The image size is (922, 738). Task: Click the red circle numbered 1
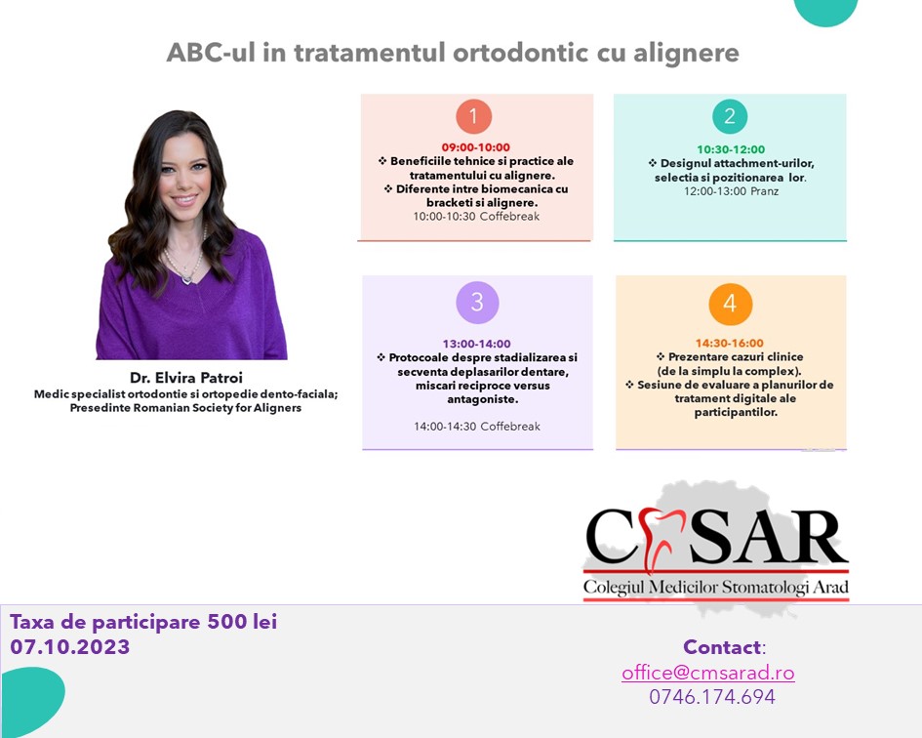click(x=474, y=116)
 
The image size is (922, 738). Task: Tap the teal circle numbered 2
click(x=730, y=116)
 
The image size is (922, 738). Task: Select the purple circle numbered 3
click(x=477, y=303)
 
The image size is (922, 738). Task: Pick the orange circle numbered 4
click(x=731, y=304)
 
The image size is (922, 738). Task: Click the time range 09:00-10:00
click(x=476, y=147)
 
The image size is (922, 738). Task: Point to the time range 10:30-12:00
click(x=731, y=149)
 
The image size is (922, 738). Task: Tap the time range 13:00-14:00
click(x=477, y=344)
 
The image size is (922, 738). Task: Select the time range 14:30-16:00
click(x=730, y=343)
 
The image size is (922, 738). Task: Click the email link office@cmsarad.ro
click(x=708, y=673)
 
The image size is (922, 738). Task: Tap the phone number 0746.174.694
click(x=712, y=697)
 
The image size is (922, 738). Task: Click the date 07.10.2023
click(x=70, y=647)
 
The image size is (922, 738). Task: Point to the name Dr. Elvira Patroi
click(x=186, y=378)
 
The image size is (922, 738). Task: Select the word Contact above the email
click(x=723, y=647)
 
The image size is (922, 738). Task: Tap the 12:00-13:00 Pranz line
click(x=731, y=191)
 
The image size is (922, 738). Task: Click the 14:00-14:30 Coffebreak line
click(x=477, y=426)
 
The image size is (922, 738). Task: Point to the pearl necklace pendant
click(x=187, y=278)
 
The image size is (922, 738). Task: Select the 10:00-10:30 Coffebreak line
click(x=476, y=216)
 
